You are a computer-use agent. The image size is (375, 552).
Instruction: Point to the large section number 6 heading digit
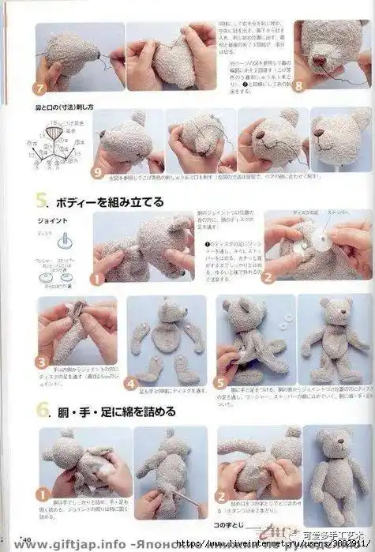click(39, 411)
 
